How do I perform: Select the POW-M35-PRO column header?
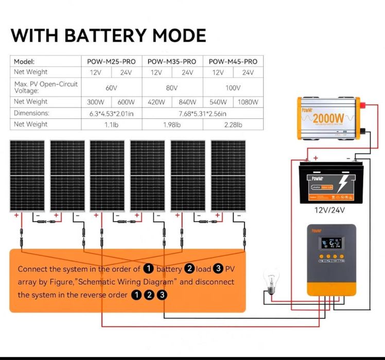pyautogui.click(x=172, y=61)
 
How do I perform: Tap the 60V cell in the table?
pyautogui.click(x=111, y=87)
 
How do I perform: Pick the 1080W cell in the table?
pyautogui.click(x=248, y=101)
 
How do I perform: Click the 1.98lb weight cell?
pyautogui.click(x=172, y=124)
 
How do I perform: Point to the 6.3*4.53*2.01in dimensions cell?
pyautogui.click(x=111, y=113)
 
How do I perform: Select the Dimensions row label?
pyautogui.click(x=31, y=113)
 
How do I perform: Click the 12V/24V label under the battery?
pyautogui.click(x=329, y=210)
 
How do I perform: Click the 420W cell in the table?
pyautogui.click(x=156, y=101)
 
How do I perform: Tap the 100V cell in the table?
pyautogui.click(x=233, y=87)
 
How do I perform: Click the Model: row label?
pyautogui.click(x=24, y=61)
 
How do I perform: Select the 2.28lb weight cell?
pyautogui.click(x=233, y=124)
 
